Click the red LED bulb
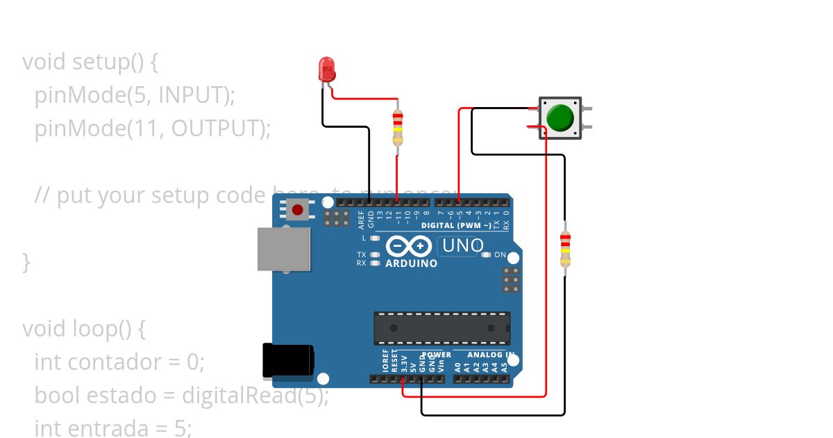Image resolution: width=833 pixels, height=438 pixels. (x=326, y=69)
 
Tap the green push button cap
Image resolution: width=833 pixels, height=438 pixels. (x=559, y=117)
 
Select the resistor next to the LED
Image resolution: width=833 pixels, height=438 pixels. (x=397, y=128)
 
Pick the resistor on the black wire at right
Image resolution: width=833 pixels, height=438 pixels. (x=565, y=250)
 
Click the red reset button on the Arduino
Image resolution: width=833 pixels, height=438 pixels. (x=298, y=209)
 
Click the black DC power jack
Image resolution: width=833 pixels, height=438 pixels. (x=287, y=361)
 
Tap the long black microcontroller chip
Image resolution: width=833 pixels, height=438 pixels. (x=442, y=327)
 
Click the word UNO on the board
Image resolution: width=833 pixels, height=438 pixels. (x=462, y=245)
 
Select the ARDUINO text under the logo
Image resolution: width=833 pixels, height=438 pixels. (x=411, y=264)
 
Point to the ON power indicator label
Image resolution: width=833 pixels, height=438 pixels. (x=500, y=255)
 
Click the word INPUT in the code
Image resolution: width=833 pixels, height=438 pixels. (x=194, y=95)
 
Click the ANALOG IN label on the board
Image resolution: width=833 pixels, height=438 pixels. (x=490, y=355)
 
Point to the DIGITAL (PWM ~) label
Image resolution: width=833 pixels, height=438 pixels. (x=457, y=225)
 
